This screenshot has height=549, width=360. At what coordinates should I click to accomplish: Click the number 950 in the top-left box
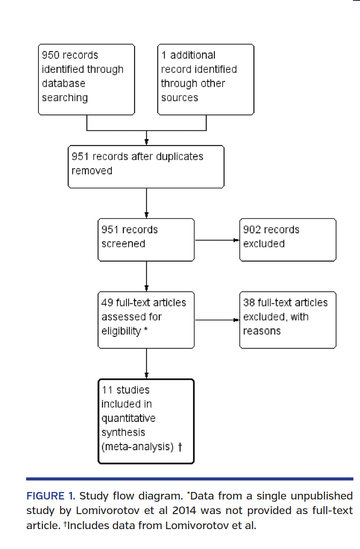tap(50, 55)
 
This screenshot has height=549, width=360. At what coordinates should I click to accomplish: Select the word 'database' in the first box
tap(64, 84)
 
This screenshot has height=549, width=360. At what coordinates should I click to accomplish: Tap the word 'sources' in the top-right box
tap(179, 98)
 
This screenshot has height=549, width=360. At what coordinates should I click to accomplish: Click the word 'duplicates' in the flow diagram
tap(180, 156)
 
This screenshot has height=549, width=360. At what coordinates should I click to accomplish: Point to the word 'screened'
tap(123, 244)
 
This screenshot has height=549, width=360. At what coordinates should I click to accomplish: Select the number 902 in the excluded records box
tap(252, 230)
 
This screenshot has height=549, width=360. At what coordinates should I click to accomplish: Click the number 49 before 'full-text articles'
tap(107, 303)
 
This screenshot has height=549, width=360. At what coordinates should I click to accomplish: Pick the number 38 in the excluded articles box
tap(249, 303)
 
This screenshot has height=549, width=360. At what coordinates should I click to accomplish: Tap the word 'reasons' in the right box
tap(262, 331)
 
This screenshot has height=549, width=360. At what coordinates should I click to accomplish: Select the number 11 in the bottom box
tap(107, 390)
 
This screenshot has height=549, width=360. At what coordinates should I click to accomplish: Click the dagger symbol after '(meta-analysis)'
tap(180, 447)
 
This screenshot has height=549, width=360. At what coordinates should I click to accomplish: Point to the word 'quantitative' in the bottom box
tap(128, 418)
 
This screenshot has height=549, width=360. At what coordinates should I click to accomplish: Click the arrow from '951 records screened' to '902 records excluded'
tap(217, 240)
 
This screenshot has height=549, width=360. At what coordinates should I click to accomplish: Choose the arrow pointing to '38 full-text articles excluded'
tap(217, 320)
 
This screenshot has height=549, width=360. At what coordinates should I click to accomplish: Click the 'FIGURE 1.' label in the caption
tap(50, 496)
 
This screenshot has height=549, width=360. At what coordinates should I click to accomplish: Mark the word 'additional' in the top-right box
tap(193, 55)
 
